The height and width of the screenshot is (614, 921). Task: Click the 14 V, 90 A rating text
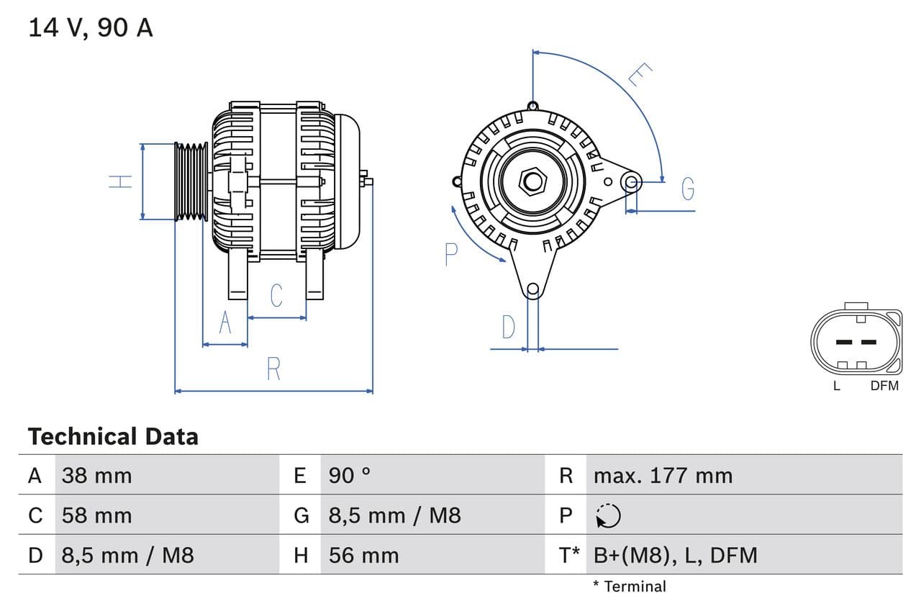pos(90,28)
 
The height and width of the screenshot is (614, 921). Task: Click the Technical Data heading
pos(113,436)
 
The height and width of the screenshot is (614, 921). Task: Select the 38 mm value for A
pos(96,475)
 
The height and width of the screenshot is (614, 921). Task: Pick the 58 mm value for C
pos(96,515)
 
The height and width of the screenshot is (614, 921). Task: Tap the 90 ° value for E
pos(350,475)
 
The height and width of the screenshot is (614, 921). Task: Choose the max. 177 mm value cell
pos(663,475)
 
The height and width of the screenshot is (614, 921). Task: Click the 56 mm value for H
pos(363,555)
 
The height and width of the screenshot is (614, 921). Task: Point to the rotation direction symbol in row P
pos(609,515)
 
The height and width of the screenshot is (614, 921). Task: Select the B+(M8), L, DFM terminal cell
pos(675,555)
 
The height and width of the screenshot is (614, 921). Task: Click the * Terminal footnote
pos(630,586)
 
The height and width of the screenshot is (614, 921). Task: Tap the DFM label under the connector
pos(884,386)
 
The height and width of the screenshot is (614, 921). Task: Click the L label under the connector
pos(836,386)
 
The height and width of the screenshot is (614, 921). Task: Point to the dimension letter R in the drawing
pos(273,369)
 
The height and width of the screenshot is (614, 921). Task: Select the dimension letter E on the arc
pos(640,74)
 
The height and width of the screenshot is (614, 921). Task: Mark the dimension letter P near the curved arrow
pos(451,255)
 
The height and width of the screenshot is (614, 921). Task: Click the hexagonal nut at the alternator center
pos(532,181)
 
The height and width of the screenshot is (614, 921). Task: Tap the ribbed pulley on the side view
pos(191,181)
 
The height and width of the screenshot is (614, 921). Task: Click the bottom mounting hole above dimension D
pos(532,290)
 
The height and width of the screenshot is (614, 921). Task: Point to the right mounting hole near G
pos(631,181)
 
